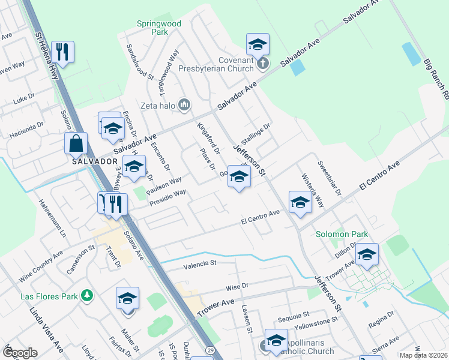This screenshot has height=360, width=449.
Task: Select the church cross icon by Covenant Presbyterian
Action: (x=262, y=62)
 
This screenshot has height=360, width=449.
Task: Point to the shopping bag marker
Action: (x=76, y=144)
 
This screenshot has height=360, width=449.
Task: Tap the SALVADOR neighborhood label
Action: (x=94, y=161)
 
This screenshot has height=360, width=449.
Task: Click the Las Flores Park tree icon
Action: (x=88, y=295)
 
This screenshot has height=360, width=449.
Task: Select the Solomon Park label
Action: (x=342, y=234)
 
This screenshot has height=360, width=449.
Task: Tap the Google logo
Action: (x=20, y=353)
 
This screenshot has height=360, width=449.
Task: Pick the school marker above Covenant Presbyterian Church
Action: (x=258, y=44)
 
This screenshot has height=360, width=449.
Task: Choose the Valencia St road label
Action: (x=199, y=263)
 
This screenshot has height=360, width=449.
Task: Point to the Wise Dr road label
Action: (x=237, y=287)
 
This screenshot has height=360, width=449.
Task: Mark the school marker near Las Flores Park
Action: (x=127, y=298)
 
